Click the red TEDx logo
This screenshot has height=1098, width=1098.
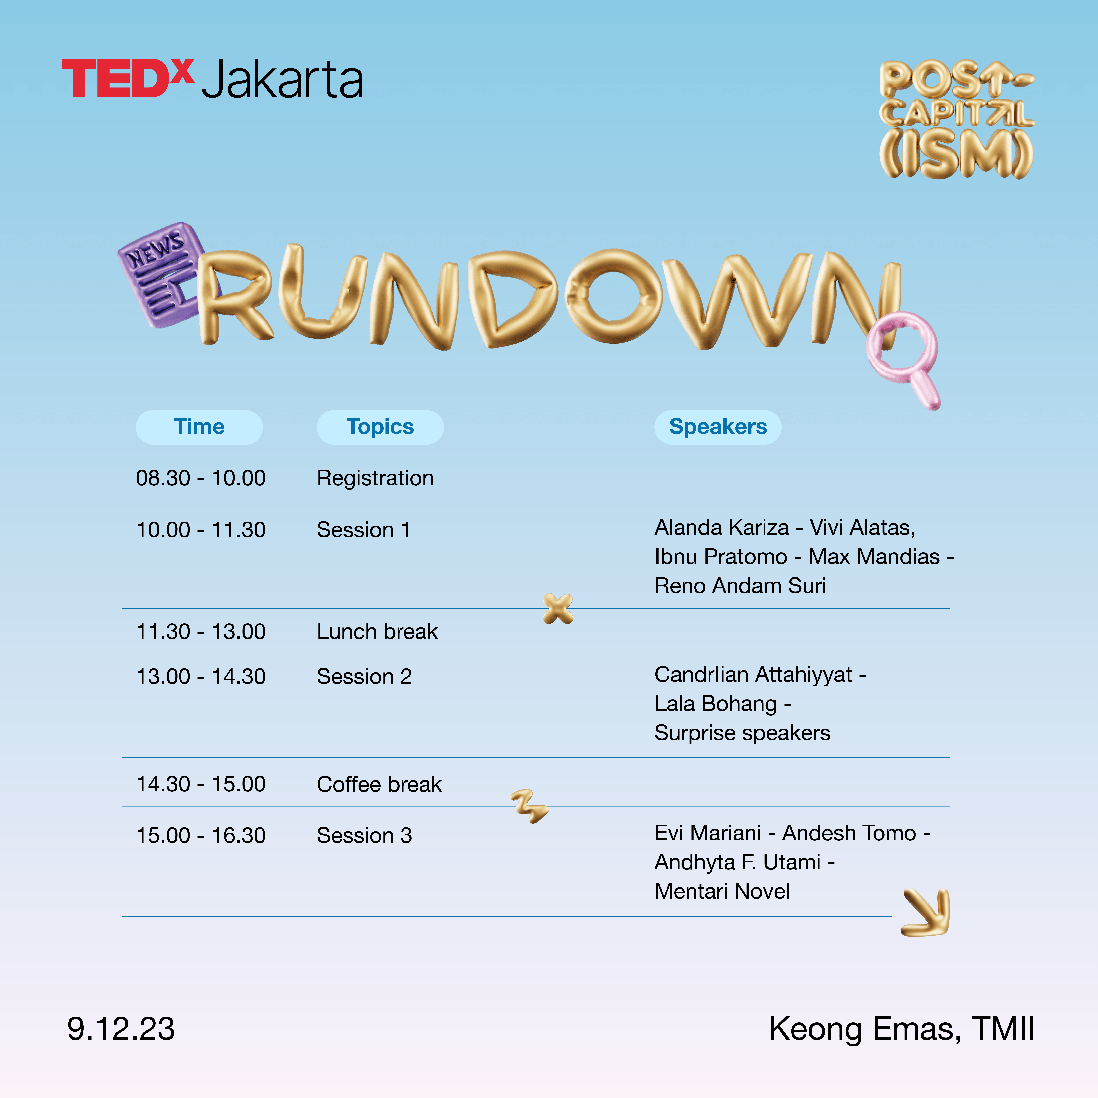click(x=128, y=78)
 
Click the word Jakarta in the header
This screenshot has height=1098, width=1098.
click(x=282, y=80)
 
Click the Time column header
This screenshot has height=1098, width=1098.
click(x=199, y=427)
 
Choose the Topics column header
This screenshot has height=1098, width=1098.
click(x=380, y=427)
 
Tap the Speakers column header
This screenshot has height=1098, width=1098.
click(x=718, y=427)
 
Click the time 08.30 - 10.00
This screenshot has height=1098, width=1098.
click(x=201, y=478)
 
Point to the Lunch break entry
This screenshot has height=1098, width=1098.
click(x=377, y=631)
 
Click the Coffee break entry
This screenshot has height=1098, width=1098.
click(x=379, y=784)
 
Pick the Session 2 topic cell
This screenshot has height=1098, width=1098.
click(x=364, y=676)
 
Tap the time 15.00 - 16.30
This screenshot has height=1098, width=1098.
click(x=201, y=835)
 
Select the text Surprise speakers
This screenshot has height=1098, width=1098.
click(x=742, y=733)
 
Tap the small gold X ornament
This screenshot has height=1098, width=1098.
click(x=558, y=609)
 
